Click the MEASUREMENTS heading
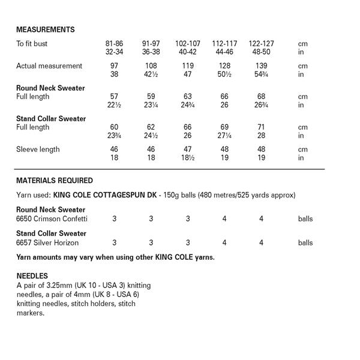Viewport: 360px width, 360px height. pos(45,29)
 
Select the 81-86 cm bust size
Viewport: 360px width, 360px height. pos(115,44)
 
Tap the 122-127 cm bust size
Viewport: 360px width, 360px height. pos(261,44)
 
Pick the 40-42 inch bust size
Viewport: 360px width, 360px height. pos(188,52)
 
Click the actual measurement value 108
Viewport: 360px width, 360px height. pos(151,66)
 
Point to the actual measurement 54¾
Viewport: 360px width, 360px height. pos(262,74)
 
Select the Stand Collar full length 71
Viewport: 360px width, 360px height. pos(262,127)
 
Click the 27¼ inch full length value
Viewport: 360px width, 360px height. pos(224,136)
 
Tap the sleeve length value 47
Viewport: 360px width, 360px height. pos(188,149)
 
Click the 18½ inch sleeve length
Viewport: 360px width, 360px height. pos(188,158)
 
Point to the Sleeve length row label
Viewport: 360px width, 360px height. pos(38,149)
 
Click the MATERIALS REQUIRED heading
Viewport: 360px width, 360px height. pos(54,180)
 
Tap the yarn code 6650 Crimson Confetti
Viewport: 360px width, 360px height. pos(47,219)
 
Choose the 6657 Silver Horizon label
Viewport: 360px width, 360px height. pos(47,243)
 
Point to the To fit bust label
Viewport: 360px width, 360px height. pos(34,44)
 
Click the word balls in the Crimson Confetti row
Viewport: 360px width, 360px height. pos(305,219)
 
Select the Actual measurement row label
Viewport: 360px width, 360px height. pos(49,66)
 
